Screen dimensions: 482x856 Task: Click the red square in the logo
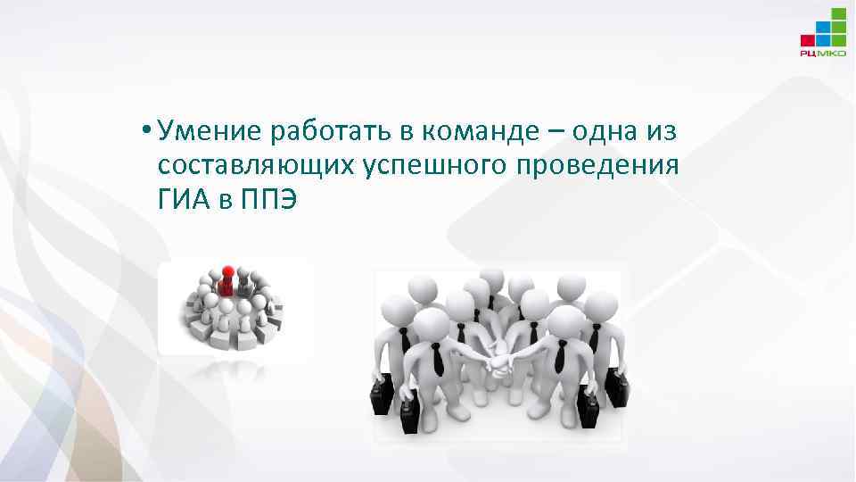(x=808, y=40)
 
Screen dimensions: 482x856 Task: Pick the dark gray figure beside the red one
(x=243, y=286)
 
